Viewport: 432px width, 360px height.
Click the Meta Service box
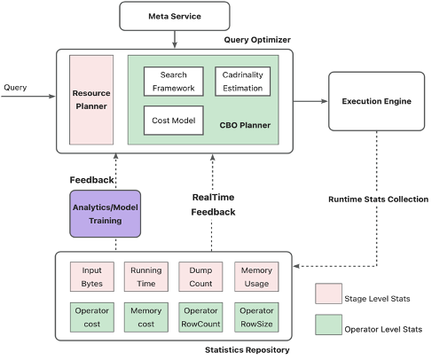tap(175, 16)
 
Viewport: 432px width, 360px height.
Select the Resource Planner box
tap(91, 100)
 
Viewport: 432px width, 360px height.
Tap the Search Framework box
tap(174, 82)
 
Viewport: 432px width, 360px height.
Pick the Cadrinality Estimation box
tap(243, 82)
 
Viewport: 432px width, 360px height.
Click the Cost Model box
tap(174, 121)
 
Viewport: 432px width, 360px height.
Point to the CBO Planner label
tap(245, 125)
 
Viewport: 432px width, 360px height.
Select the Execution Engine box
tap(376, 101)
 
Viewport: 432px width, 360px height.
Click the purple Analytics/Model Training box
tap(106, 214)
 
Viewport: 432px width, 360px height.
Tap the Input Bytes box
tap(92, 277)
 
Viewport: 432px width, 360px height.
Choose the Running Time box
tap(146, 277)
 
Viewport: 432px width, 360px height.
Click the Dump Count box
tap(200, 277)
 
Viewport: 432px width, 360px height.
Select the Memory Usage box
tap(256, 277)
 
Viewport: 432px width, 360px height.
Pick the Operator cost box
tap(92, 317)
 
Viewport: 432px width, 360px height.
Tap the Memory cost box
tap(146, 317)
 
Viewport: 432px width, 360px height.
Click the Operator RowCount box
tap(200, 317)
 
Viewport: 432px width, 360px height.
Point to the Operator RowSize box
tap(256, 317)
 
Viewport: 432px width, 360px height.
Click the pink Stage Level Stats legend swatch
tap(328, 293)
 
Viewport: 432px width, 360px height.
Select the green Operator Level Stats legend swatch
tap(328, 325)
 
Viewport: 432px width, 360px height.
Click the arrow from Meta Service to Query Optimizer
tap(175, 39)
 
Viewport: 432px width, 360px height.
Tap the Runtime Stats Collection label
tap(378, 200)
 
